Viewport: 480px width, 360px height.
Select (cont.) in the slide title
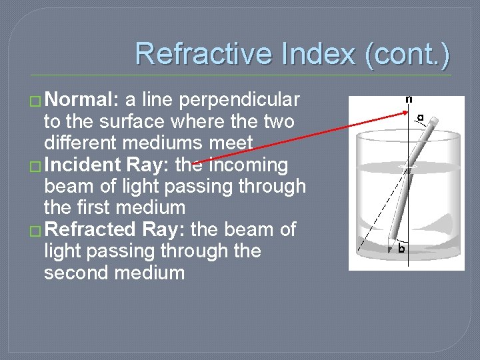click(407, 54)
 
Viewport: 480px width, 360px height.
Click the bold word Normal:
click(83, 100)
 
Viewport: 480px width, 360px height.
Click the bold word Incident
click(82, 165)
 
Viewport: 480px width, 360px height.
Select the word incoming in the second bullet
click(249, 165)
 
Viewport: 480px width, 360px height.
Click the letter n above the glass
click(409, 99)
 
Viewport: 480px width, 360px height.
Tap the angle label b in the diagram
click(401, 248)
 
